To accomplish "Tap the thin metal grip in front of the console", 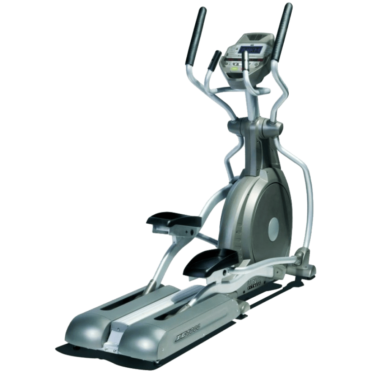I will pos(246,80).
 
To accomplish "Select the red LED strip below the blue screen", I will pos(245,67).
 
